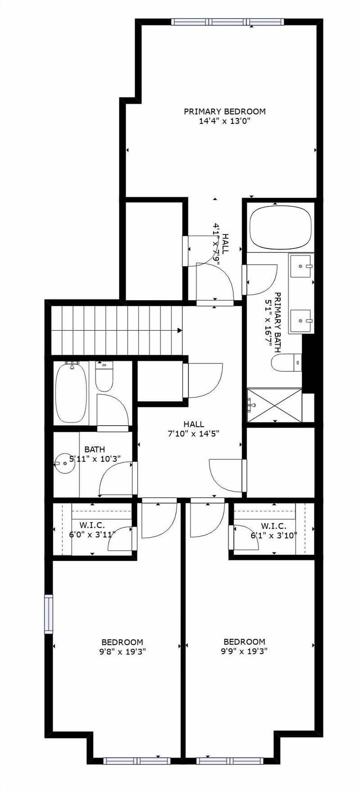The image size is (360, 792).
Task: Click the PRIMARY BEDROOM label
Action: (224, 111)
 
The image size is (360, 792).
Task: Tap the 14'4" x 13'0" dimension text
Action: (224, 121)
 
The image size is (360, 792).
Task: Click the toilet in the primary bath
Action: (286, 363)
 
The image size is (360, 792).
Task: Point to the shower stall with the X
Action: (274, 405)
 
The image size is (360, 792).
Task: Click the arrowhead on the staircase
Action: (180, 330)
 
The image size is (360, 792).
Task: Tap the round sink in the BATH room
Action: (65, 463)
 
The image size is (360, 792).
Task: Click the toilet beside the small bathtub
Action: (104, 376)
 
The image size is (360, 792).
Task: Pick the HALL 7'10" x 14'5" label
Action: (193, 429)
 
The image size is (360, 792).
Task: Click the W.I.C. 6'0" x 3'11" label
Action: (92, 530)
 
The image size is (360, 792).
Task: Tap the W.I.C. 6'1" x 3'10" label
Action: (273, 531)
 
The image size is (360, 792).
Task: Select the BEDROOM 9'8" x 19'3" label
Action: (122, 646)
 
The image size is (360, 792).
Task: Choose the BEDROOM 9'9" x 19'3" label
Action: (244, 646)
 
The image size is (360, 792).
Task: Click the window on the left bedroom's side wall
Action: (48, 614)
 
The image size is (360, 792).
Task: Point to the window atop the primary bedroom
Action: (228, 22)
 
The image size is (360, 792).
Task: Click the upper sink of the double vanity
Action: (301, 266)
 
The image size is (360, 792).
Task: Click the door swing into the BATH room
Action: (114, 478)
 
